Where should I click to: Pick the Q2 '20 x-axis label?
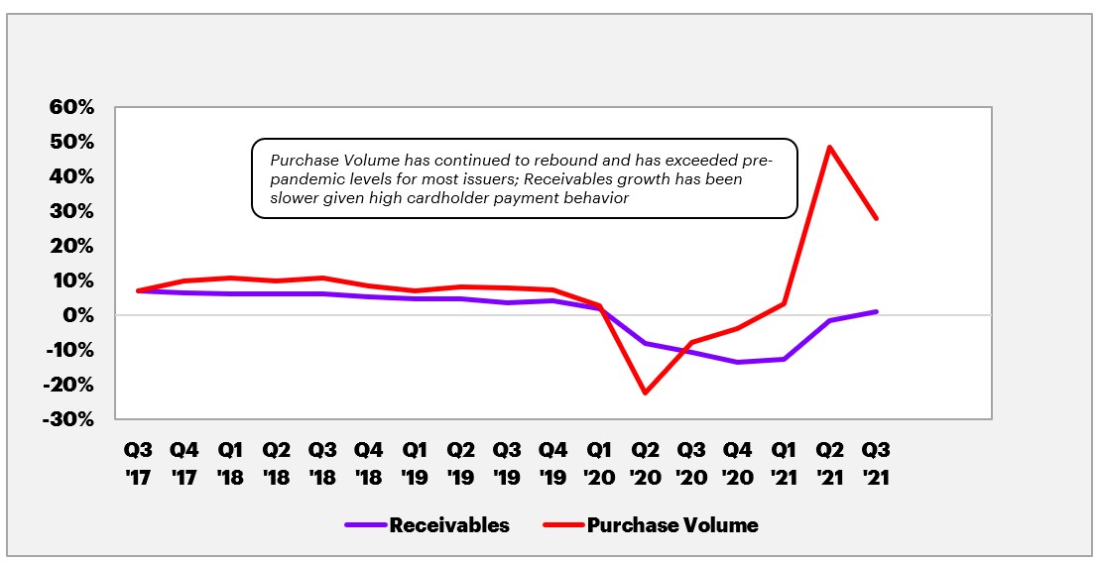(645, 464)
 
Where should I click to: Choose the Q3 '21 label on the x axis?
(876, 464)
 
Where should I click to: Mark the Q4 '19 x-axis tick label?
(551, 464)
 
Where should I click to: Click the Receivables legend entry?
(449, 525)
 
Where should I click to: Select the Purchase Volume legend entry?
(672, 525)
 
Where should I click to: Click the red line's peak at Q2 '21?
(829, 147)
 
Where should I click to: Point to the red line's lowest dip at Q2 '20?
(645, 393)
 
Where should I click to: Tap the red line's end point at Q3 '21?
(877, 218)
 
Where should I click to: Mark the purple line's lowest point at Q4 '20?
(737, 362)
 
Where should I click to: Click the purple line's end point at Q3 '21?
(877, 311)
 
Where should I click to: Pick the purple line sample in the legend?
(366, 525)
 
